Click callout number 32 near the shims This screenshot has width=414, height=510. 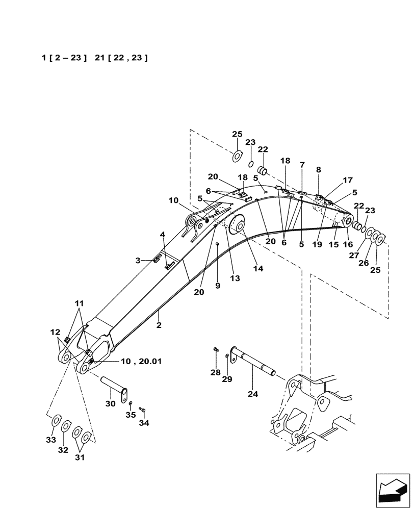tap(63, 450)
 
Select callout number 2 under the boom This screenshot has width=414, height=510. tap(159, 325)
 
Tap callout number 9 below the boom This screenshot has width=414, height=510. tap(218, 286)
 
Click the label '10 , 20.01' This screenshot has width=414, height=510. tap(141, 361)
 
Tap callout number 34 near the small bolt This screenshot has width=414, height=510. tap(145, 423)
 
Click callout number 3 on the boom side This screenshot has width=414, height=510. tap(138, 260)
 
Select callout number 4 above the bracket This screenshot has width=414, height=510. tap(163, 234)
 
